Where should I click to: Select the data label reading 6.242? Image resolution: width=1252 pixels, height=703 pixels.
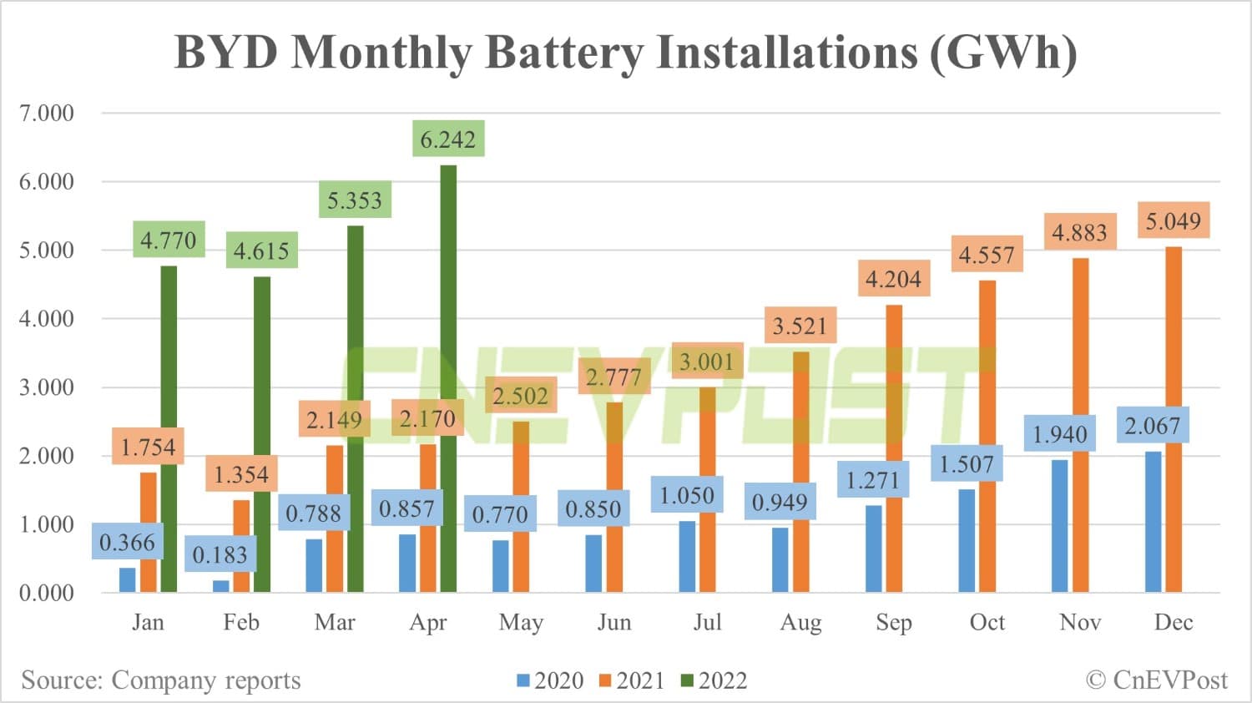point(448,139)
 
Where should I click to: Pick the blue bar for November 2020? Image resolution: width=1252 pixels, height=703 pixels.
point(1060,526)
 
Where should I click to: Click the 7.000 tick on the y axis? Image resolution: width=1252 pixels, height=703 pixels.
point(47,113)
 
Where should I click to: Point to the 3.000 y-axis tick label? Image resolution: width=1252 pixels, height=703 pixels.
point(47,387)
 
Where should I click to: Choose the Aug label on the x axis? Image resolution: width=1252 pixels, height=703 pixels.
point(800,623)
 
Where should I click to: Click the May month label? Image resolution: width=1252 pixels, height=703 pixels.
point(521,623)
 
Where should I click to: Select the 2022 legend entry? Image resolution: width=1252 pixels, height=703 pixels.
point(714,680)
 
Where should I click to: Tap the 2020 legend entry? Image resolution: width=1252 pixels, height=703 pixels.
point(551,680)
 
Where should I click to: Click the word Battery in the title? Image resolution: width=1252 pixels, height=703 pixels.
point(564,52)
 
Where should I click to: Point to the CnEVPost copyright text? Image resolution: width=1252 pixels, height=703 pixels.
point(1157,680)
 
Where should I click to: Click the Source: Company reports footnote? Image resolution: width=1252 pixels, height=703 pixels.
point(161,680)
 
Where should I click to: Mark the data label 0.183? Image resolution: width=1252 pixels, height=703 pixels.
point(220,555)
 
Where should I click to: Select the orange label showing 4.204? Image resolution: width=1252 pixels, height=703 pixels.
point(893,279)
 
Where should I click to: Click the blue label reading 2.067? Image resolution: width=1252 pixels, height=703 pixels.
point(1153,426)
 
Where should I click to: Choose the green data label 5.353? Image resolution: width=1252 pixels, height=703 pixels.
point(355,200)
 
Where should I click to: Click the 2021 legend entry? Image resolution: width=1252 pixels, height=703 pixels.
point(633,680)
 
